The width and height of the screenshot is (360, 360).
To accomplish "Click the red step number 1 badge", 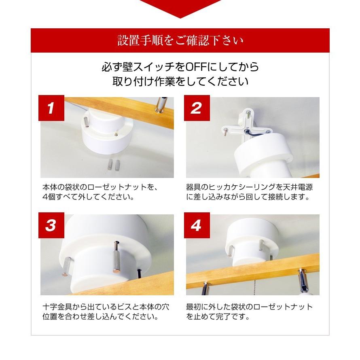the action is [51, 108].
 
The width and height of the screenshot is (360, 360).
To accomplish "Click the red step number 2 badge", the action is [197, 108].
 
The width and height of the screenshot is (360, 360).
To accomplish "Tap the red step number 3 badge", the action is [51, 225].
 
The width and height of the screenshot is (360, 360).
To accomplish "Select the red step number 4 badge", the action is [197, 225].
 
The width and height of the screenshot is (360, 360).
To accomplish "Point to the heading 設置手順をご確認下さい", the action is [180, 40].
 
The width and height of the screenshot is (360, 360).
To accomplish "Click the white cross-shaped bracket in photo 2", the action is [247, 129].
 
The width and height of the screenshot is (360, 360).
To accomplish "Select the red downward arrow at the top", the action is [180, 8].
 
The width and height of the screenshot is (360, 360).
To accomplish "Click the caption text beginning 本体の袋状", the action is [100, 192].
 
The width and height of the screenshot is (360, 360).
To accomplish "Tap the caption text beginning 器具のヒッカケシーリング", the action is [249, 192].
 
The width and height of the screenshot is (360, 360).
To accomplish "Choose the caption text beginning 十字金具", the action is [106, 311].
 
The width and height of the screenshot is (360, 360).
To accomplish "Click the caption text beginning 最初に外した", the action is [249, 311].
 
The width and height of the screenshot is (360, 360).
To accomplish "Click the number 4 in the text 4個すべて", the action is [45, 197].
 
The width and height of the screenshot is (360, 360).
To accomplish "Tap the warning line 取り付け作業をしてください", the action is [180, 81].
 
